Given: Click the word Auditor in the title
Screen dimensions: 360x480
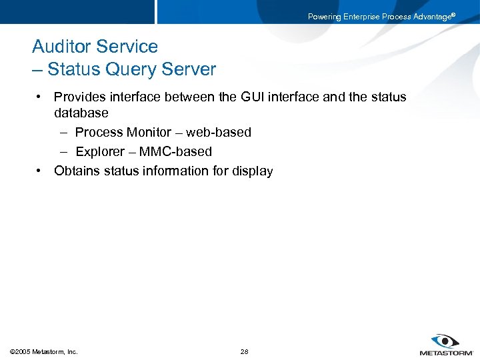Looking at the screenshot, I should [x=61, y=47].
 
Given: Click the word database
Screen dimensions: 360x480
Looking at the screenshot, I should [x=81, y=113].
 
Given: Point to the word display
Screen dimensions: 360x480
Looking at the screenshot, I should [x=252, y=171].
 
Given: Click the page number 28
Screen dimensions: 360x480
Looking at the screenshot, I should [x=244, y=351].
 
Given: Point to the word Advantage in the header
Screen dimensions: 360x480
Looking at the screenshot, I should [x=432, y=17].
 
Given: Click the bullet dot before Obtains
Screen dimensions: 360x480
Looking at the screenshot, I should [x=40, y=171].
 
